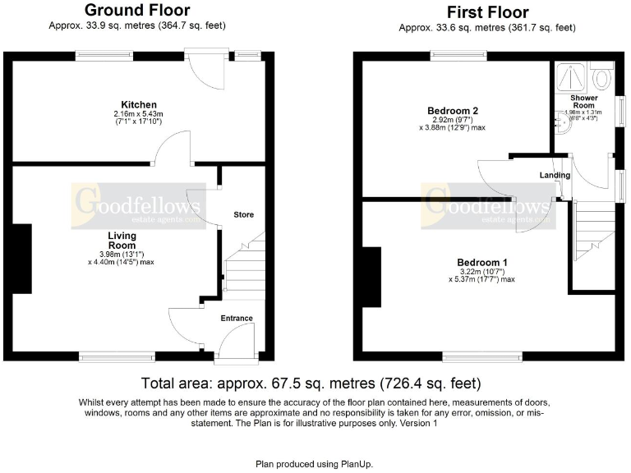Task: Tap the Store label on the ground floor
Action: tap(243, 214)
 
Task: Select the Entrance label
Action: tap(237, 318)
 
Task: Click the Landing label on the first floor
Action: tap(555, 175)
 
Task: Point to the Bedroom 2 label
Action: tap(453, 110)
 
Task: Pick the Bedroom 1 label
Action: tap(482, 262)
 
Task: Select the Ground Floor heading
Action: tap(138, 11)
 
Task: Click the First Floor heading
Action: tap(487, 12)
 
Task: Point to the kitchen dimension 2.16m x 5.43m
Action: tap(139, 113)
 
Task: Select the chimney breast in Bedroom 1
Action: tap(371, 277)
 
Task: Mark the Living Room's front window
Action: tap(116, 356)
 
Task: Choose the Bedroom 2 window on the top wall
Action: tap(458, 56)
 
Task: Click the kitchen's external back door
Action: tap(205, 69)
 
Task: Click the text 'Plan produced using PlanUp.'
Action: tap(315, 463)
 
